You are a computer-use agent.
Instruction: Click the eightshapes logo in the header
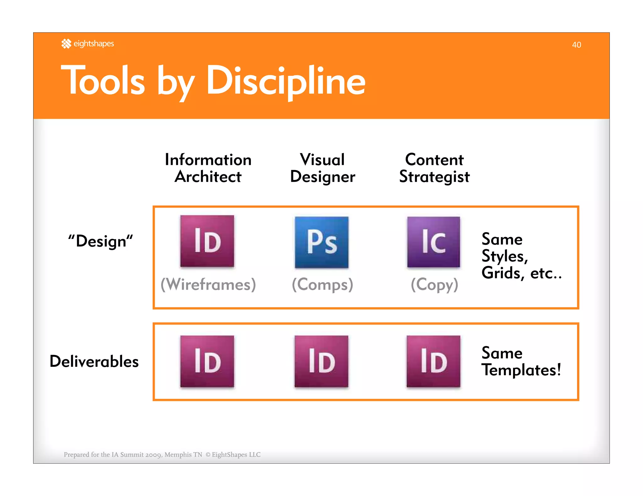point(88,44)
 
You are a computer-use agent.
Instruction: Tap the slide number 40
point(576,45)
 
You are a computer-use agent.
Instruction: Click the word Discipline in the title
point(286,81)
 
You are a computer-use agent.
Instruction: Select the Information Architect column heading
point(208,168)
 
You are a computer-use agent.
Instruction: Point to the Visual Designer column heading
point(322,168)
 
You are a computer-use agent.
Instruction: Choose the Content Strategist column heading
point(434,168)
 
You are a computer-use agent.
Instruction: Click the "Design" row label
point(100,241)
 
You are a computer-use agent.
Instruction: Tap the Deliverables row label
point(94,361)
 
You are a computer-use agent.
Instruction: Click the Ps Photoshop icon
point(321,242)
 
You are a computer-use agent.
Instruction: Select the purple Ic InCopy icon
point(434,242)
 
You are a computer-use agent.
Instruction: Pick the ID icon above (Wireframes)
point(207,241)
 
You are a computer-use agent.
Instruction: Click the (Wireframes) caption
point(208,284)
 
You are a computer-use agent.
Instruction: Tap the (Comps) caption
point(322,284)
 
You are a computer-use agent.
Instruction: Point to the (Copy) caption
point(435,284)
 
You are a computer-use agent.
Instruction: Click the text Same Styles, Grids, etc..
point(521,256)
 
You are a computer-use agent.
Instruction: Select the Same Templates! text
point(521,361)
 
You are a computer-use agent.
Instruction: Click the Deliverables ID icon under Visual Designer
point(321,361)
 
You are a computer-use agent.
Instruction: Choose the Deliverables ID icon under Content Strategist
point(434,361)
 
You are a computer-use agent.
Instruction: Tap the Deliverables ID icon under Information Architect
point(207,361)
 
